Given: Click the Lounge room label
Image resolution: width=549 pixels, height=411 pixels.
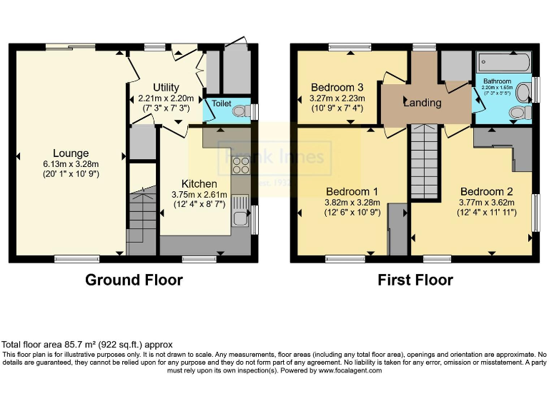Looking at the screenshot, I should click(70, 153).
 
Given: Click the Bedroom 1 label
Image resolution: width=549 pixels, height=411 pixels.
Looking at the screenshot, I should click(352, 191).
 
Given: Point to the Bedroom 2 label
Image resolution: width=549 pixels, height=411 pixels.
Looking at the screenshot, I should click(486, 191).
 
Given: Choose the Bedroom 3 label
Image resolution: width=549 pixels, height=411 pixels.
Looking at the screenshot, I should click(337, 88).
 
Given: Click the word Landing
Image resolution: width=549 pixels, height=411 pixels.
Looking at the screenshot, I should click(422, 103).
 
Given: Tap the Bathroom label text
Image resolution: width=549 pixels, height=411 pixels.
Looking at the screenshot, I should click(497, 81).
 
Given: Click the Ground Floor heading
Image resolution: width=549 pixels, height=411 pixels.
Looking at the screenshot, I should click(134, 280).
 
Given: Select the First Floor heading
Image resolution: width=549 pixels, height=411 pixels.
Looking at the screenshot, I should click(415, 280).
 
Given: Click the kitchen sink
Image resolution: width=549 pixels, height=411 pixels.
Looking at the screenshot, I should click(239, 207).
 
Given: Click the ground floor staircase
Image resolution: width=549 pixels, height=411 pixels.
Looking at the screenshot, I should click(142, 214).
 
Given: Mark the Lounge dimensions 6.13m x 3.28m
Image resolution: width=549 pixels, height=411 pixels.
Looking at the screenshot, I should click(70, 163).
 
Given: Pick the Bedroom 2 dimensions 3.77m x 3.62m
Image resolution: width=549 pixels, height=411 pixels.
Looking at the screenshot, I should click(486, 202).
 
